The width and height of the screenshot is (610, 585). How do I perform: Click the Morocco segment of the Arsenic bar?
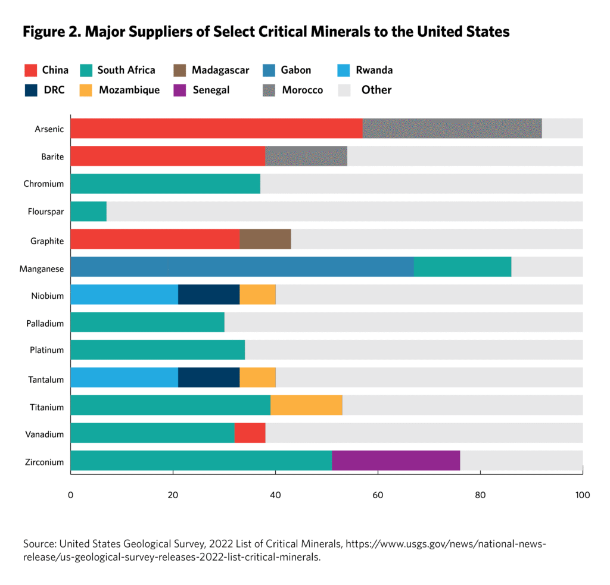pyautogui.click(x=452, y=129)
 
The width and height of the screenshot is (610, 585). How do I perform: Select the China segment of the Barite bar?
pyautogui.click(x=167, y=156)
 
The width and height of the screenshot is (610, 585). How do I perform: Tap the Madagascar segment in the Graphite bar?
pyautogui.click(x=265, y=239)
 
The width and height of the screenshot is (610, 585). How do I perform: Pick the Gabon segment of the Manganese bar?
pyautogui.click(x=242, y=267)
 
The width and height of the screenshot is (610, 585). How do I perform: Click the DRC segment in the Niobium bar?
pyautogui.click(x=208, y=294)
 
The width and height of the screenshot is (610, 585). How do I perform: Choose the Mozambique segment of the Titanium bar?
pyautogui.click(x=306, y=405)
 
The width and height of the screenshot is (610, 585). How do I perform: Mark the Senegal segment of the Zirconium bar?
pyautogui.click(x=396, y=460)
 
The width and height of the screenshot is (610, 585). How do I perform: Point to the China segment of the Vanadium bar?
pyautogui.click(x=250, y=433)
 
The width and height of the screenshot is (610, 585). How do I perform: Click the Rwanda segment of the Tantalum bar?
pyautogui.click(x=124, y=377)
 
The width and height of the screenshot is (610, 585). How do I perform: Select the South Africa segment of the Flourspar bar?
pyautogui.click(x=88, y=211)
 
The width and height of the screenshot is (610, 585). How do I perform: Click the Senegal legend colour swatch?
pyautogui.click(x=181, y=90)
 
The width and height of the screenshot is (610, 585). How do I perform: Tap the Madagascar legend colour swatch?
pyautogui.click(x=181, y=70)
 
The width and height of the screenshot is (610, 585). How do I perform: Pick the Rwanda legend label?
pyautogui.click(x=374, y=70)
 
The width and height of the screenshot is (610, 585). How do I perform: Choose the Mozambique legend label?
pyautogui.click(x=129, y=90)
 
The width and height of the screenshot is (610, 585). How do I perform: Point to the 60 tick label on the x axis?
pyautogui.click(x=378, y=495)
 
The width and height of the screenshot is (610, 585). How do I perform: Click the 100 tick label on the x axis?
pyautogui.click(x=582, y=495)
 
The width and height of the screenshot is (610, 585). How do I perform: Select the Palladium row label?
pyautogui.click(x=45, y=322)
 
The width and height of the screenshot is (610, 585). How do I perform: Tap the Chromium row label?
pyautogui.click(x=44, y=184)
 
